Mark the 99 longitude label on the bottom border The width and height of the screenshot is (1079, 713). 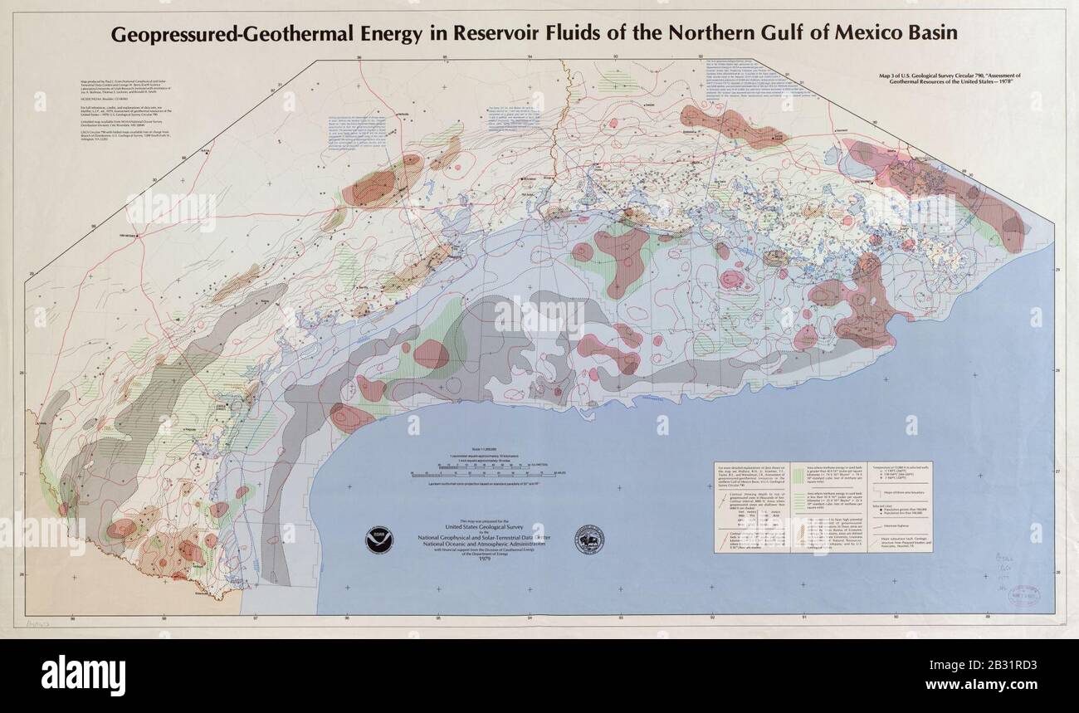(73, 618)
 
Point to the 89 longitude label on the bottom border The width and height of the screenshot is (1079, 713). (987, 618)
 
